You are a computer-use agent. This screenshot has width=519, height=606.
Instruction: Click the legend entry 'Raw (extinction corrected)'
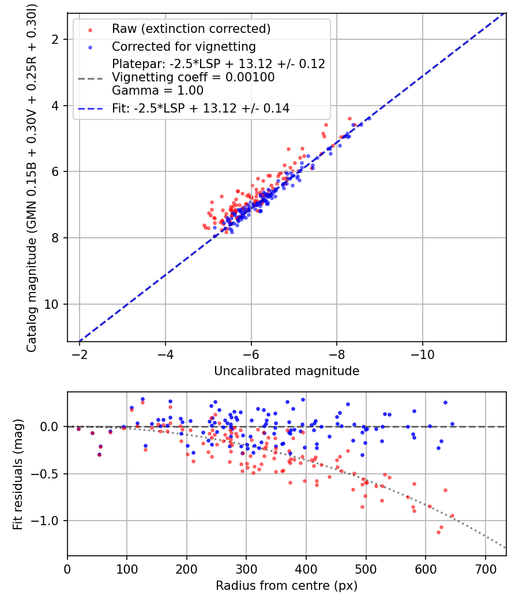click(191, 29)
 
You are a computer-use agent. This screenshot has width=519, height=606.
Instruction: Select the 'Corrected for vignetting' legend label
click(183, 46)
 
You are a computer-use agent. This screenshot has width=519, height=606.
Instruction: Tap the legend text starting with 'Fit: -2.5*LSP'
click(201, 108)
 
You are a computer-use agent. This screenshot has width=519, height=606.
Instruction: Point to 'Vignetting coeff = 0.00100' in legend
click(193, 77)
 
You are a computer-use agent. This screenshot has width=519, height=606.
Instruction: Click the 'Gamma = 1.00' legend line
click(157, 91)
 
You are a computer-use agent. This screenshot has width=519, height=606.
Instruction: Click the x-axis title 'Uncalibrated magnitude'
click(287, 371)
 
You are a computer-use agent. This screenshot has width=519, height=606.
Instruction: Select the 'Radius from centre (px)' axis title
click(287, 586)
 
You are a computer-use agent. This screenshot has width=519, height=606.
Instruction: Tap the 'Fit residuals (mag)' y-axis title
click(18, 474)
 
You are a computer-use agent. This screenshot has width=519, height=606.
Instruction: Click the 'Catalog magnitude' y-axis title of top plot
click(32, 177)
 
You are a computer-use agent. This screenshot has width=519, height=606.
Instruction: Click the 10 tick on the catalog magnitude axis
click(55, 304)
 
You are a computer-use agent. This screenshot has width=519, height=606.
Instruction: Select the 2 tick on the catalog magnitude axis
click(58, 39)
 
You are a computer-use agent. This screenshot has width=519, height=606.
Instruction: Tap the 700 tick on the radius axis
click(485, 568)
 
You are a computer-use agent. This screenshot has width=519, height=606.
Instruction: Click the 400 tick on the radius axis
click(306, 568)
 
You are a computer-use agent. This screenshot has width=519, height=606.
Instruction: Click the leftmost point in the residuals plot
click(79, 429)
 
